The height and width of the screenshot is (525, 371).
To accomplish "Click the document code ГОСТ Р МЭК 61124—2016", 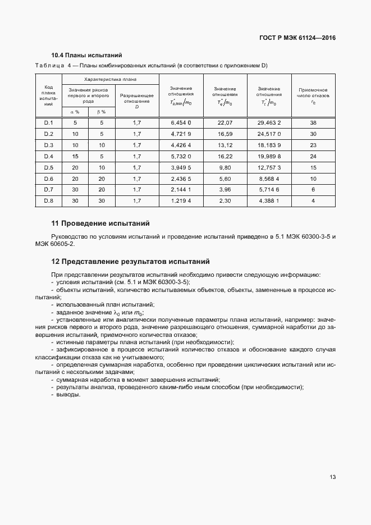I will coord(301,38).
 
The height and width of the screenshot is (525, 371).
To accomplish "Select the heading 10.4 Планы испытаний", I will coord(86,56).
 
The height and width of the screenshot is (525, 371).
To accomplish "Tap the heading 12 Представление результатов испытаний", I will coord(130,261).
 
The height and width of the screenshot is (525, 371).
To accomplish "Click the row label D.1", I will coord(48,122).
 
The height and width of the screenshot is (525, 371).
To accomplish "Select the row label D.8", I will coord(48,200).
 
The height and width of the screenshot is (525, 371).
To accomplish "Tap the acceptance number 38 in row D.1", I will coord(313,122).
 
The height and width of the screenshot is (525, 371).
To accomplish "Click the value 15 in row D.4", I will coord(75,156).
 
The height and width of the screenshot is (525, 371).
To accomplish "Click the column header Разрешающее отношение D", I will coord(137,98).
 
